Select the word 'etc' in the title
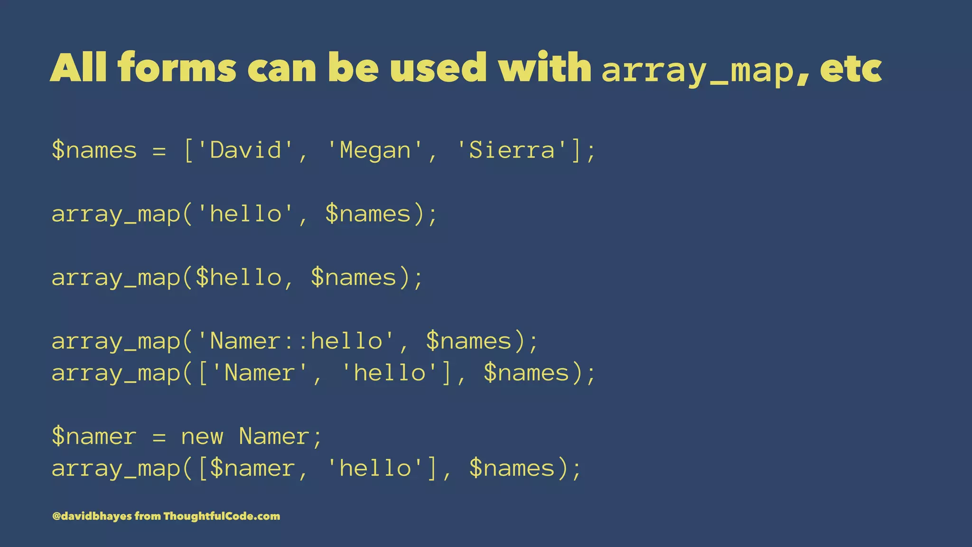pyautogui.click(x=850, y=69)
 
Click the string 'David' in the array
pyautogui.click(x=245, y=151)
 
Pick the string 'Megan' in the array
pyautogui.click(x=375, y=151)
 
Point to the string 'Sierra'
pyautogui.click(x=511, y=151)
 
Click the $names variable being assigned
pyautogui.click(x=94, y=151)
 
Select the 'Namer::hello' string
pyautogui.click(x=295, y=341)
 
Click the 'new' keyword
pyautogui.click(x=202, y=436)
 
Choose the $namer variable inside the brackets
pyautogui.click(x=252, y=468)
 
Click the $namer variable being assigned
pyautogui.click(x=94, y=436)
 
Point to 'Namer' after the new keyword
pyautogui.click(x=274, y=436)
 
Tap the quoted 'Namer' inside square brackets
pyautogui.click(x=260, y=373)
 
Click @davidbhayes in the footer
pyautogui.click(x=92, y=516)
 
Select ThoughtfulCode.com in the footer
pyautogui.click(x=222, y=516)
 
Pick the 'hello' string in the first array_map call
pyautogui.click(x=245, y=214)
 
